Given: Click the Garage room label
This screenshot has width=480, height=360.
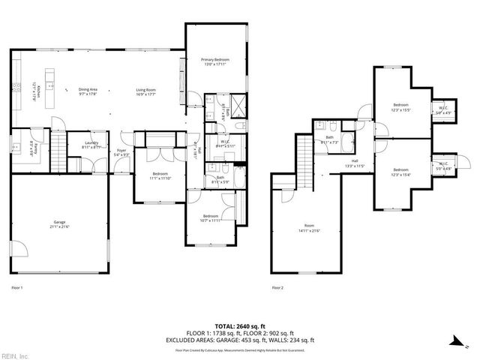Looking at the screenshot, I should (59, 224).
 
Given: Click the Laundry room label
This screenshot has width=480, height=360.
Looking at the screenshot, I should (92, 145).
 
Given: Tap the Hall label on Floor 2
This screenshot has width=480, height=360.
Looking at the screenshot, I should (355, 163).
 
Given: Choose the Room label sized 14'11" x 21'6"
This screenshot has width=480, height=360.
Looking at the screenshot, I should (309, 227).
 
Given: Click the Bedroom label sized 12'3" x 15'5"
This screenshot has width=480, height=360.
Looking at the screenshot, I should (401, 107).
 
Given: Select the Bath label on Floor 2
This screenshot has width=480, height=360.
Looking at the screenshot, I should (329, 139).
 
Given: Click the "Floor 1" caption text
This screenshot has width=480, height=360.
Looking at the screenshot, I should (17, 287).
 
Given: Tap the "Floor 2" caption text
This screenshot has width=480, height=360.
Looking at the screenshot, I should (278, 287).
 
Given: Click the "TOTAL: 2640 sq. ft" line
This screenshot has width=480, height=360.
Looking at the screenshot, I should (240, 328).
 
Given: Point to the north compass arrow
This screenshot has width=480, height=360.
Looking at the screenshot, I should (457, 340).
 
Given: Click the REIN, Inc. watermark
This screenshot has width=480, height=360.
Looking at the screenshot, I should (15, 355).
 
